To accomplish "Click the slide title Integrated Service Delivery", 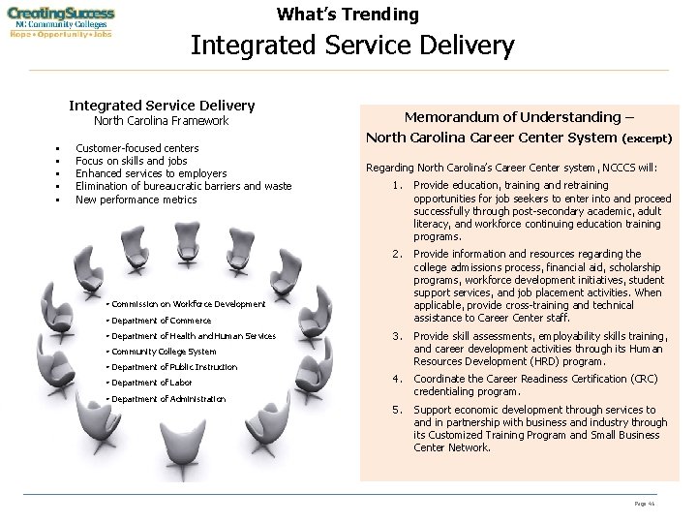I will tap(352, 46).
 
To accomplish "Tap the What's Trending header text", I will tap(348, 15).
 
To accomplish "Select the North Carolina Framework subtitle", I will tap(161, 122).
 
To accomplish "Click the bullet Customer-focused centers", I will tap(136, 148).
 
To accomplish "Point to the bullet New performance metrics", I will tap(136, 200).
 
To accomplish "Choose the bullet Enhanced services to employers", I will tap(151, 173).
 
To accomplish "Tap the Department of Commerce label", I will tap(162, 321).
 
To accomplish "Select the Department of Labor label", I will tap(154, 383).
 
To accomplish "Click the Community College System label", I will tap(164, 352).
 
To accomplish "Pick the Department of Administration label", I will tap(169, 398).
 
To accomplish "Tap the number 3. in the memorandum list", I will tap(396, 335).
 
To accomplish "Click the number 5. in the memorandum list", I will tap(396, 410).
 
